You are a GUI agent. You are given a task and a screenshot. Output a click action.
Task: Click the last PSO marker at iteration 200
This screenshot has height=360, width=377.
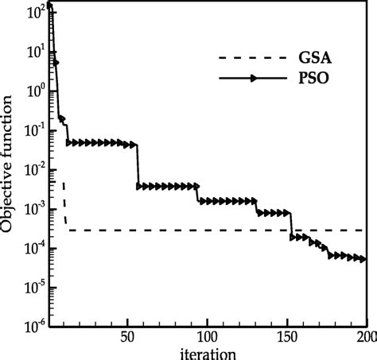pyautogui.click(x=363, y=258)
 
